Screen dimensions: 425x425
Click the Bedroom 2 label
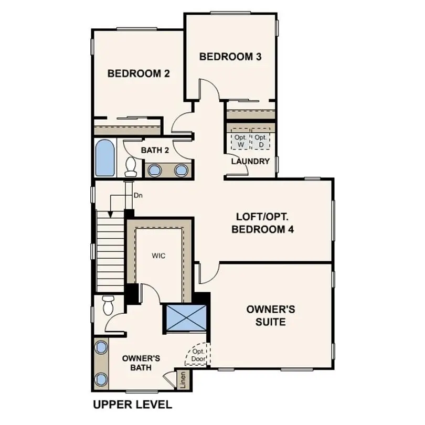[139, 73]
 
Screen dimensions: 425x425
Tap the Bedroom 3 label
[230, 57]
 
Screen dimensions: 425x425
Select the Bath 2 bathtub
[104, 158]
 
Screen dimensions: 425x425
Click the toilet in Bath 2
[131, 167]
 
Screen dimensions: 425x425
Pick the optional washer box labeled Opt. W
[240, 141]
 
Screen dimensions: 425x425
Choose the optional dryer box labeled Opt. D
[261, 141]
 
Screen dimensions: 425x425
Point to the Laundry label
[250, 161]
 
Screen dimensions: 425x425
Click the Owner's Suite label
[271, 315]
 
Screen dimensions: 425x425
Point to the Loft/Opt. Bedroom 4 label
[264, 222]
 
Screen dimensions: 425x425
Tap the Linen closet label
[183, 380]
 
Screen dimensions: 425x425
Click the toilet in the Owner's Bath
[109, 305]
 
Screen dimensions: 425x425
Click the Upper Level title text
[132, 405]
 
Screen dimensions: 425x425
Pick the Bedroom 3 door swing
[209, 89]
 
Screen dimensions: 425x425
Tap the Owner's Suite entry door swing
[208, 273]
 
